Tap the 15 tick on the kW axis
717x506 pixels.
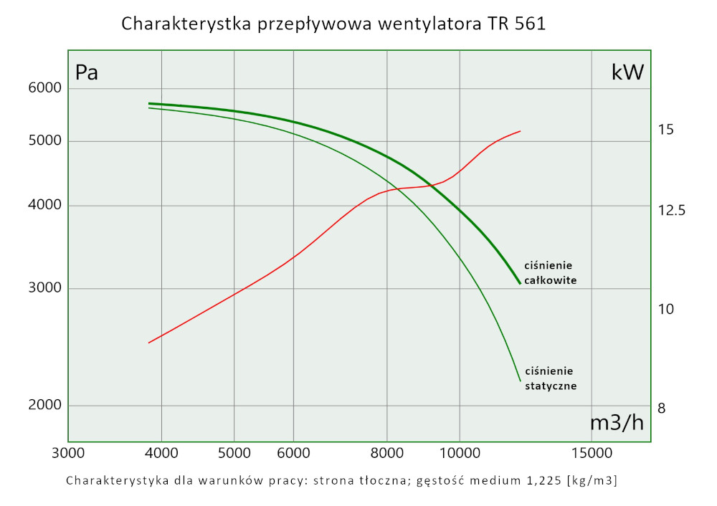(665, 130)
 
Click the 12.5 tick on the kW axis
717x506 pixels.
(671, 211)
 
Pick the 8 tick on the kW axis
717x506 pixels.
(662, 409)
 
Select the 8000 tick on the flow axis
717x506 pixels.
(387, 453)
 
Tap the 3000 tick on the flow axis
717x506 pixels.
(68, 453)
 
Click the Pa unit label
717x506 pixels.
(87, 72)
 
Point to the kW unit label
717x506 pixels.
(627, 72)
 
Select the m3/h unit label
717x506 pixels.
(617, 423)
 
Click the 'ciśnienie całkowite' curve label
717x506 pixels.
(550, 273)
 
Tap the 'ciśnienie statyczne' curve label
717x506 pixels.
(550, 378)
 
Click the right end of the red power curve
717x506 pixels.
(520, 131)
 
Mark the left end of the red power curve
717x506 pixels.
(148, 343)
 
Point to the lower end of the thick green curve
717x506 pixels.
(519, 284)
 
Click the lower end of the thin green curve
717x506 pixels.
(519, 381)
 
